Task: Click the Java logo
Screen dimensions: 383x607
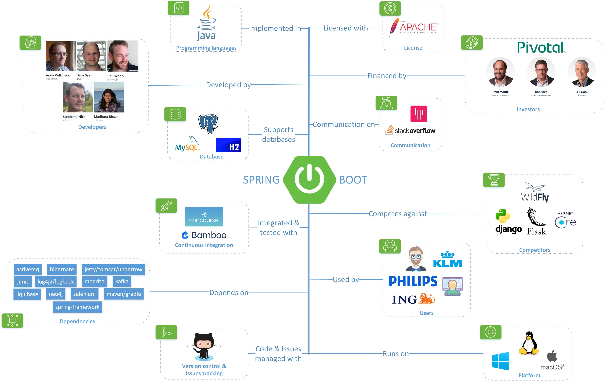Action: click(206, 24)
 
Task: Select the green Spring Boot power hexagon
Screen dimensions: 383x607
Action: click(309, 179)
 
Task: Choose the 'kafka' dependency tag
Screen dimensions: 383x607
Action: click(122, 281)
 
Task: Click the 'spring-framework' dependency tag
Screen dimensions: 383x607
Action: click(77, 307)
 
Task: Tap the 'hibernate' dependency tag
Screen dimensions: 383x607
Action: click(62, 269)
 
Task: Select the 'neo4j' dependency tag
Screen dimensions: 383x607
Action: click(56, 294)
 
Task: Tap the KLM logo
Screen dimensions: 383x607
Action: click(447, 260)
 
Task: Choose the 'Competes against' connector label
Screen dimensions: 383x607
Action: click(398, 214)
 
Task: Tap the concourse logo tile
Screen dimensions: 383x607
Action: click(204, 216)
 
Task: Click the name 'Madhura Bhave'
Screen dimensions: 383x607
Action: click(106, 116)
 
